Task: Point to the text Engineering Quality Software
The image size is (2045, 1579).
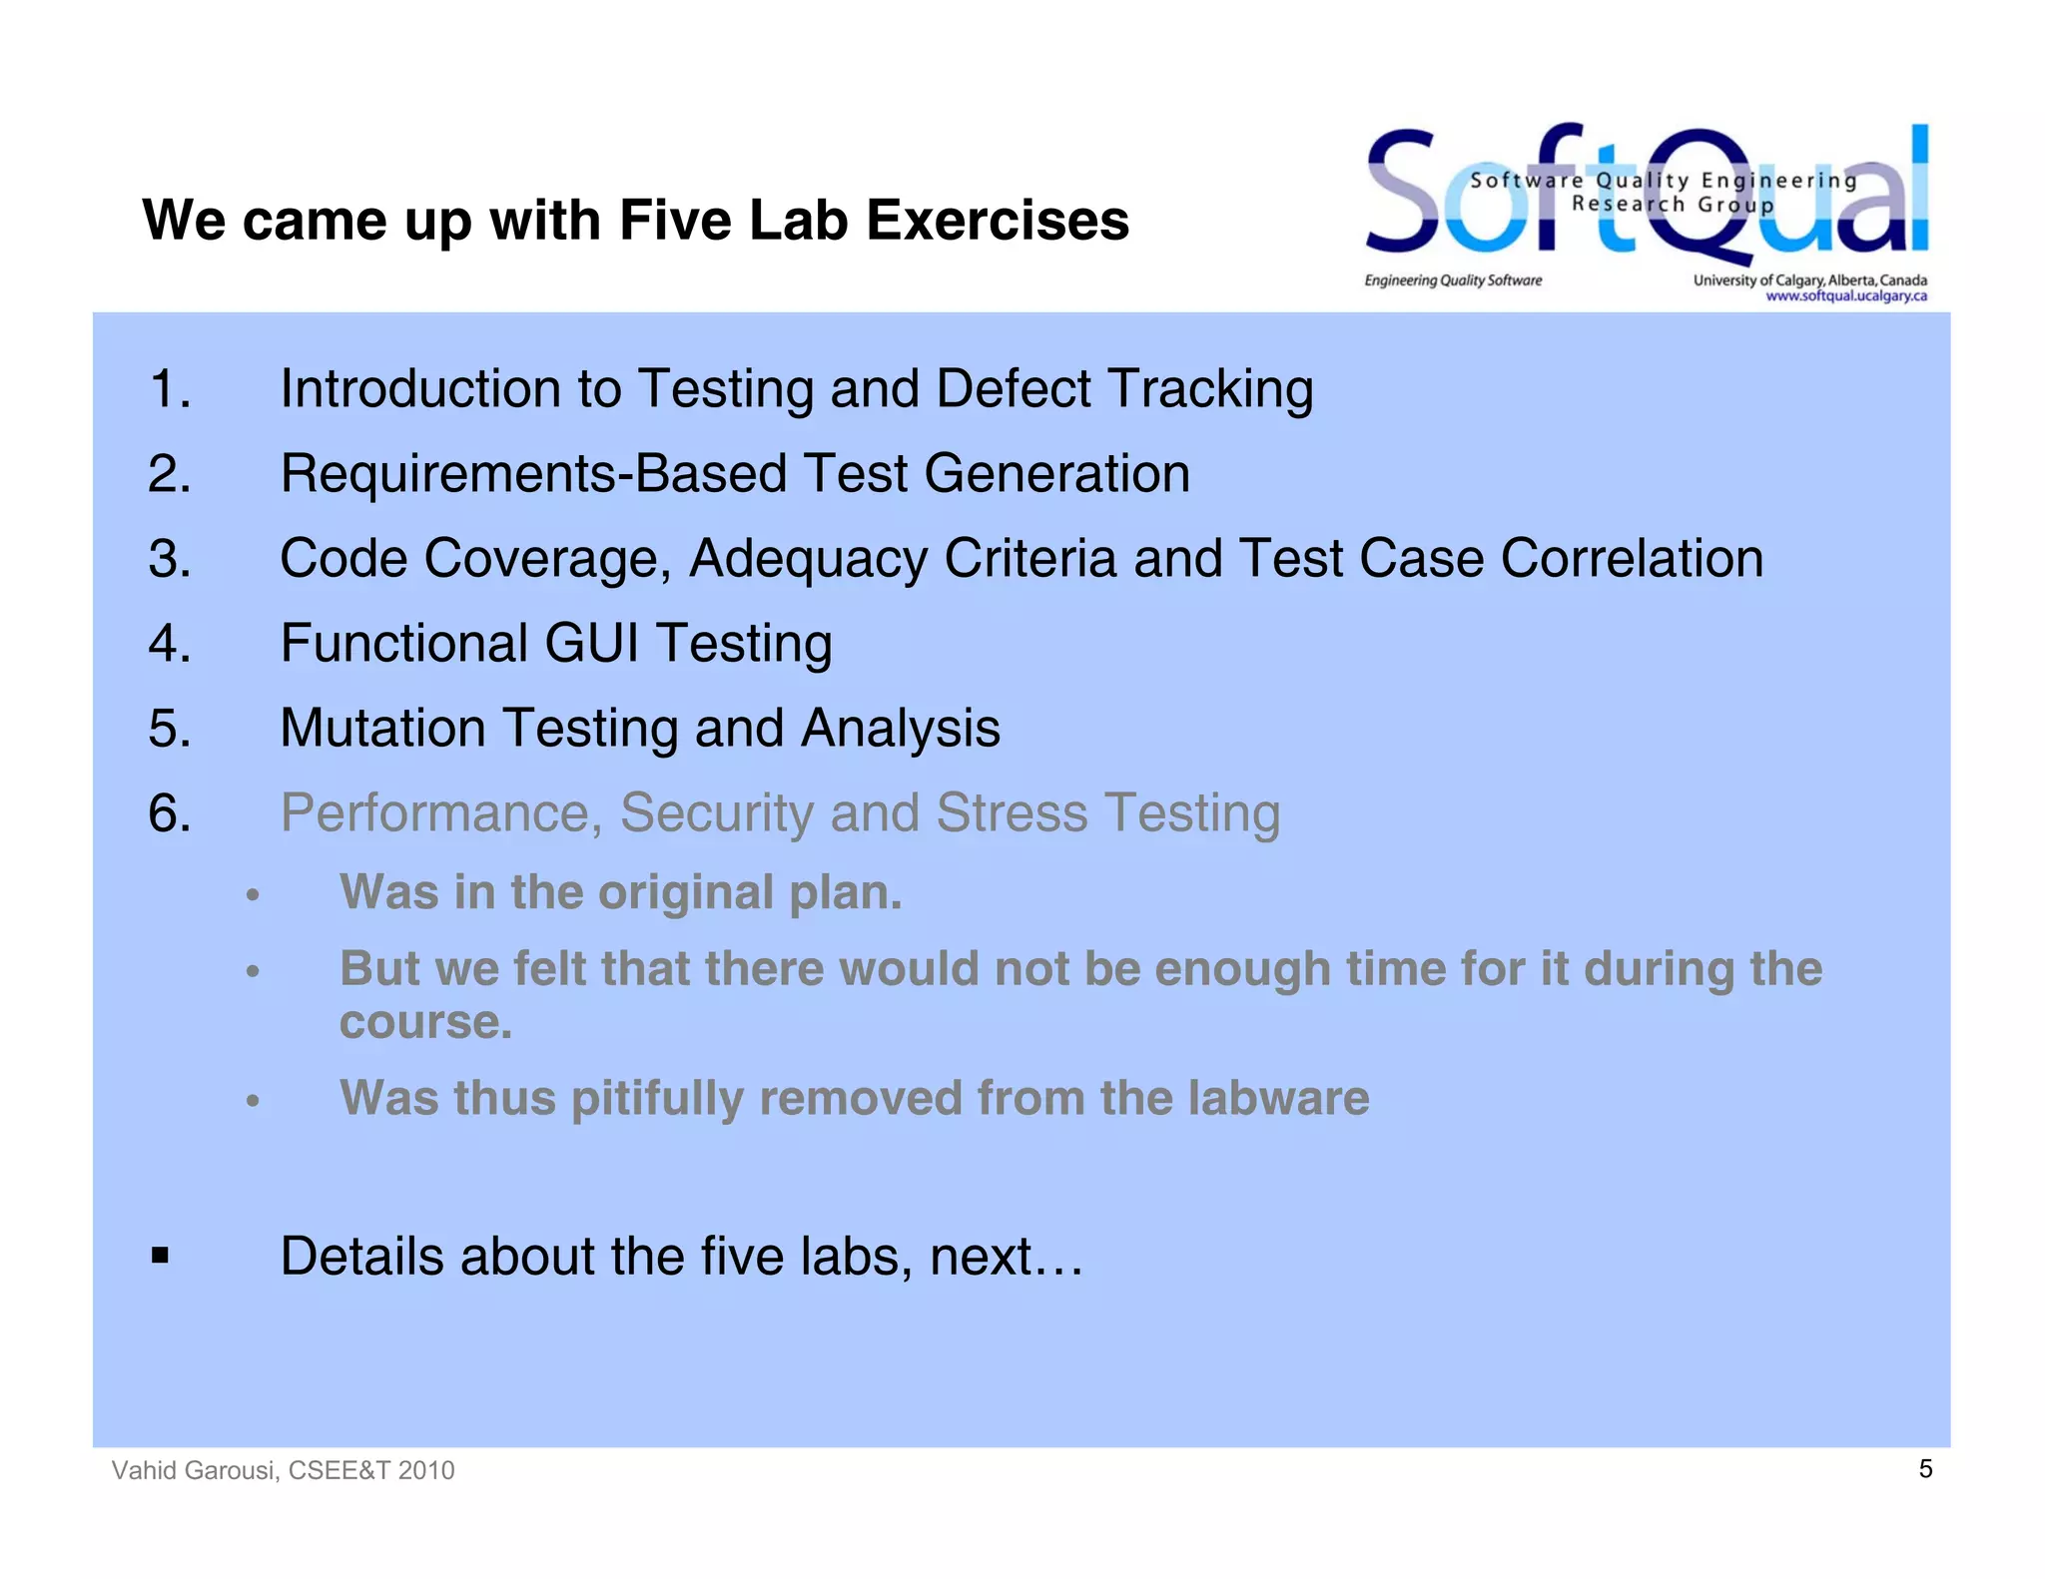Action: (x=1453, y=280)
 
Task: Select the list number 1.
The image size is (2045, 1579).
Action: (x=169, y=388)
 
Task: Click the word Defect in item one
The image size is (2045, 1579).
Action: (x=1013, y=388)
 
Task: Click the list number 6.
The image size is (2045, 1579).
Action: (x=169, y=812)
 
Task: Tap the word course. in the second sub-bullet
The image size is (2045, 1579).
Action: (x=425, y=1022)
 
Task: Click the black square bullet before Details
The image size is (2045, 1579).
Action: (x=160, y=1255)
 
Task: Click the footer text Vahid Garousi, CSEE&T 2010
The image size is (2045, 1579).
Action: (x=283, y=1470)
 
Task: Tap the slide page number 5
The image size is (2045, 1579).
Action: (x=1925, y=1468)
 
